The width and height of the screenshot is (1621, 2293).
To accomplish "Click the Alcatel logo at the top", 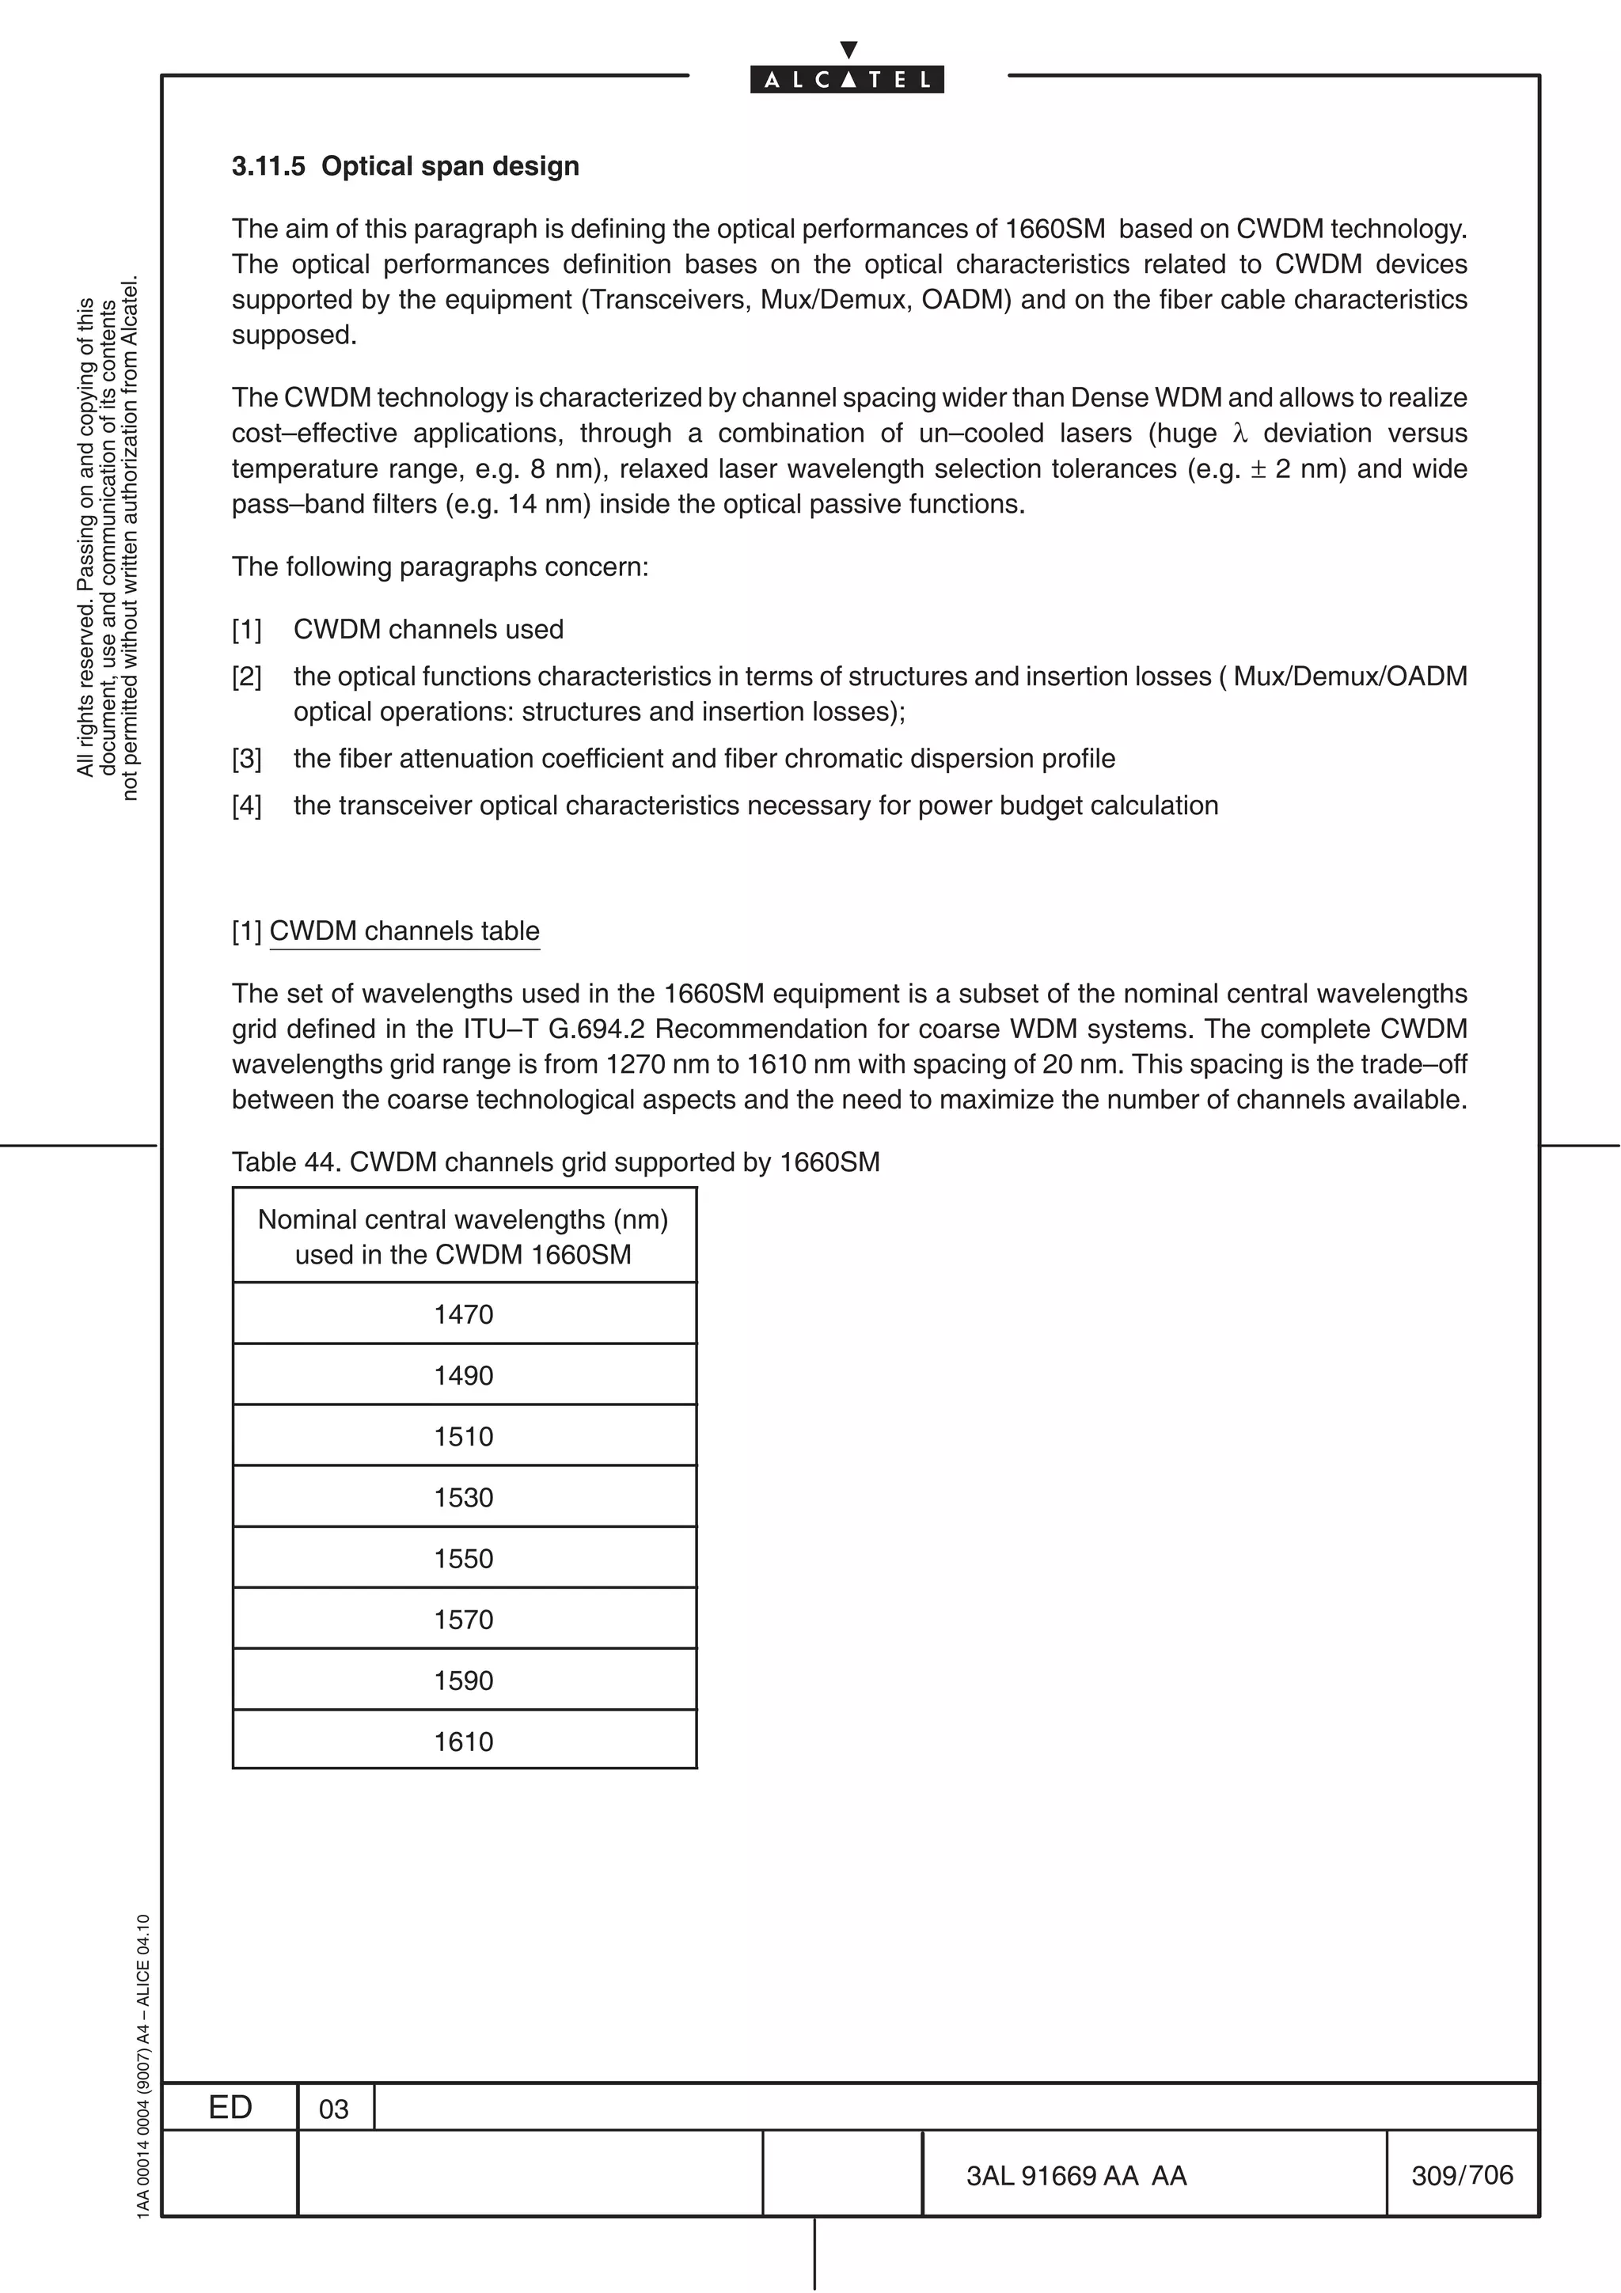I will pos(847,79).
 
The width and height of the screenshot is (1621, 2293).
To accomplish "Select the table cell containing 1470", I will pos(464,1314).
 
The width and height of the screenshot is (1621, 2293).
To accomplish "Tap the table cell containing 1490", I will pos(464,1375).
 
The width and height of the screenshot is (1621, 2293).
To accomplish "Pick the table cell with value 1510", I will pos(464,1436).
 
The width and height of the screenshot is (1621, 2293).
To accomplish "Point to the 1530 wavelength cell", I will pos(464,1497).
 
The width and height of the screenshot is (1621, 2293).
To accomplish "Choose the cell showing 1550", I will pos(464,1558).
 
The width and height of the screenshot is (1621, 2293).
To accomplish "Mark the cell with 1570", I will pos(464,1619).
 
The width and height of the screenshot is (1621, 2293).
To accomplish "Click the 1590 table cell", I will pos(464,1680).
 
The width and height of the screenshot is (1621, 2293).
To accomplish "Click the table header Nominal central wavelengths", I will pos(464,1237).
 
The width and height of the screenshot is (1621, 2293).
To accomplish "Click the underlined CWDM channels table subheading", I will pos(404,930).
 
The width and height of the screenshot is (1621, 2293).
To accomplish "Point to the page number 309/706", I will pos(1462,2175).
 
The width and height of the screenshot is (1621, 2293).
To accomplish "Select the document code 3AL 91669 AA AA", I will pos(1076,2176).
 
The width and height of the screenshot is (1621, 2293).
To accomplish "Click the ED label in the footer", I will pos(230,2107).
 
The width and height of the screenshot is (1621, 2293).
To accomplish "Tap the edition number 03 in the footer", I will pos(333,2109).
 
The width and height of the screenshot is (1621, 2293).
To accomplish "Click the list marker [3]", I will pos(247,759).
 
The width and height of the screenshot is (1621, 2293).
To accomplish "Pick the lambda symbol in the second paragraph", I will pos(1240,434).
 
